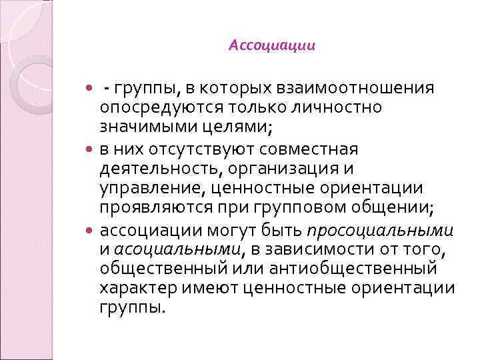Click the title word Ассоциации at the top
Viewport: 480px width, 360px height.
point(271,45)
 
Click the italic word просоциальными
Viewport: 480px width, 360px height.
point(380,231)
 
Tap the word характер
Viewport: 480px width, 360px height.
point(133,288)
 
